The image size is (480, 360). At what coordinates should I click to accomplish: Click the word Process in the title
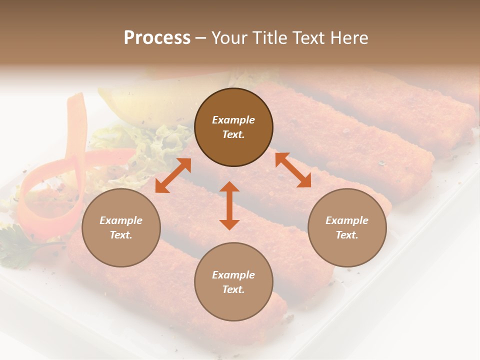click(x=157, y=38)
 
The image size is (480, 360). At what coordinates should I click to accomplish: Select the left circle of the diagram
click(x=121, y=227)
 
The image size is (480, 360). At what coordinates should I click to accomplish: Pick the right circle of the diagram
click(x=347, y=227)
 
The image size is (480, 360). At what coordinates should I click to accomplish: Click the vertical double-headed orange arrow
click(x=229, y=205)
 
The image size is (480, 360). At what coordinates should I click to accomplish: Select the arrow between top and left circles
click(x=173, y=175)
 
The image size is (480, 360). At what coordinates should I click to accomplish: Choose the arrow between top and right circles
click(x=293, y=170)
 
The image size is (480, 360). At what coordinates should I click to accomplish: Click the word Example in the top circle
click(x=233, y=120)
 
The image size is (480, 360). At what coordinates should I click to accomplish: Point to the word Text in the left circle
click(x=121, y=235)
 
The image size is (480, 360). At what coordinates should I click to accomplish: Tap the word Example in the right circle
click(x=347, y=220)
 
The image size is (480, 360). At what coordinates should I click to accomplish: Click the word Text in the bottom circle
click(x=233, y=289)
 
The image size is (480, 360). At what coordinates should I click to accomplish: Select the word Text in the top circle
click(x=233, y=134)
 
